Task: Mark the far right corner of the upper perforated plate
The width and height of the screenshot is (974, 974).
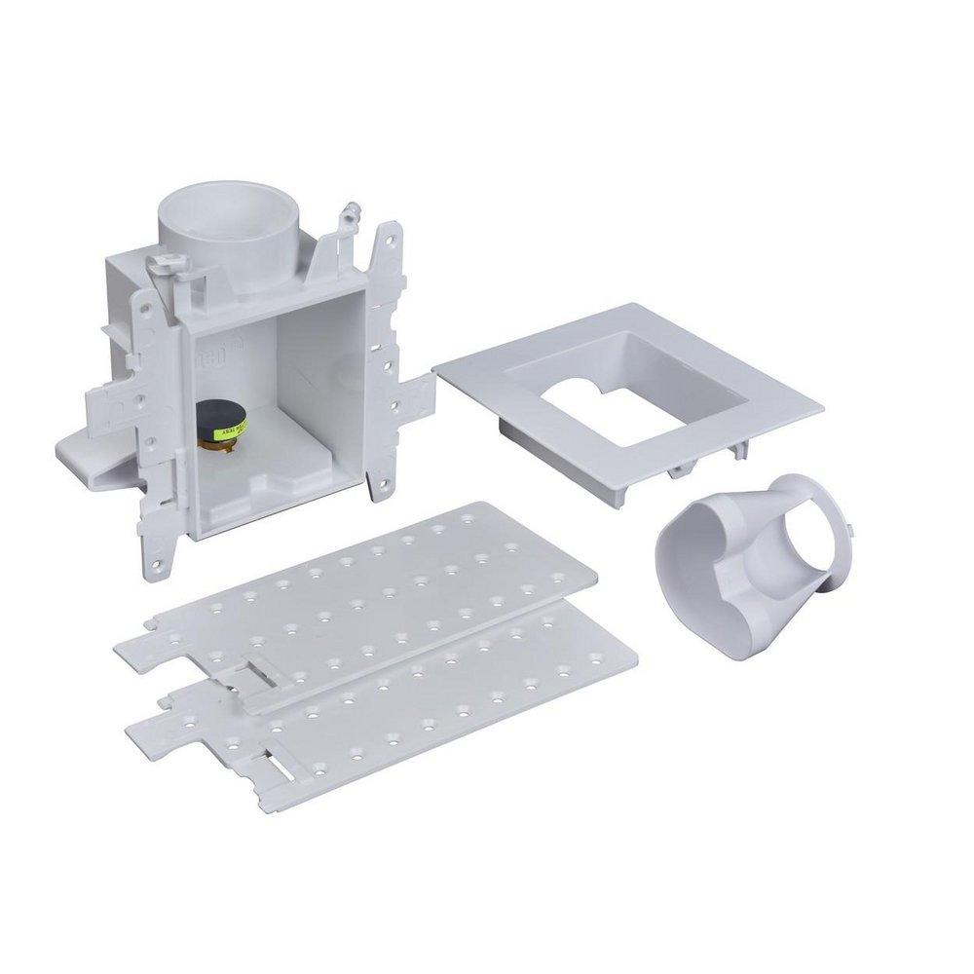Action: pos(595,575)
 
